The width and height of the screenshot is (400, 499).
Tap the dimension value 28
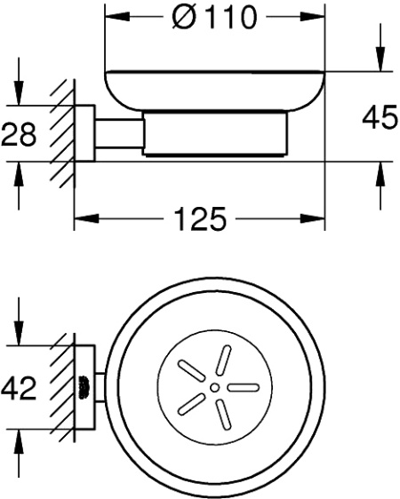click(x=18, y=134)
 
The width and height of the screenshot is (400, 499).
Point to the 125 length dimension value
click(x=196, y=218)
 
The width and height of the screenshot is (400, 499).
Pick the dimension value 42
click(x=18, y=389)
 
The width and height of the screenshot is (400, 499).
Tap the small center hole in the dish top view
click(x=214, y=388)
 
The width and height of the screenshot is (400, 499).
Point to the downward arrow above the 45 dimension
click(x=380, y=62)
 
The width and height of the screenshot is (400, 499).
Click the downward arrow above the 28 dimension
click(x=18, y=98)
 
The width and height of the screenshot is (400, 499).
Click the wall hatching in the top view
click(x=64, y=389)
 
